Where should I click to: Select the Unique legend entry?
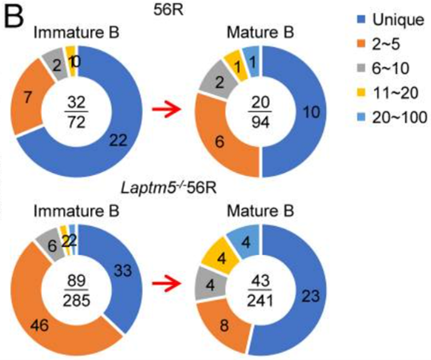[x=379, y=21]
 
